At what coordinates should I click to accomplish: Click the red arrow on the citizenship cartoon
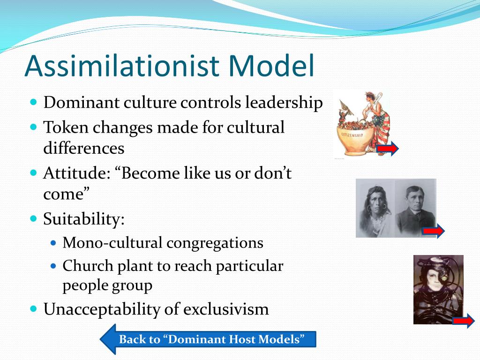(388, 149)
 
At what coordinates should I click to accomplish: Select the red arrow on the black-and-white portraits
(433, 231)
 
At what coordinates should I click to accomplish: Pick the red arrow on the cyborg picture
(463, 321)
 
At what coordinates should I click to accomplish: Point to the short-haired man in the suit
(414, 206)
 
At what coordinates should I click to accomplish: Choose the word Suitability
(84, 218)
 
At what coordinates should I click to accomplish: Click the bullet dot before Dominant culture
(33, 102)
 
